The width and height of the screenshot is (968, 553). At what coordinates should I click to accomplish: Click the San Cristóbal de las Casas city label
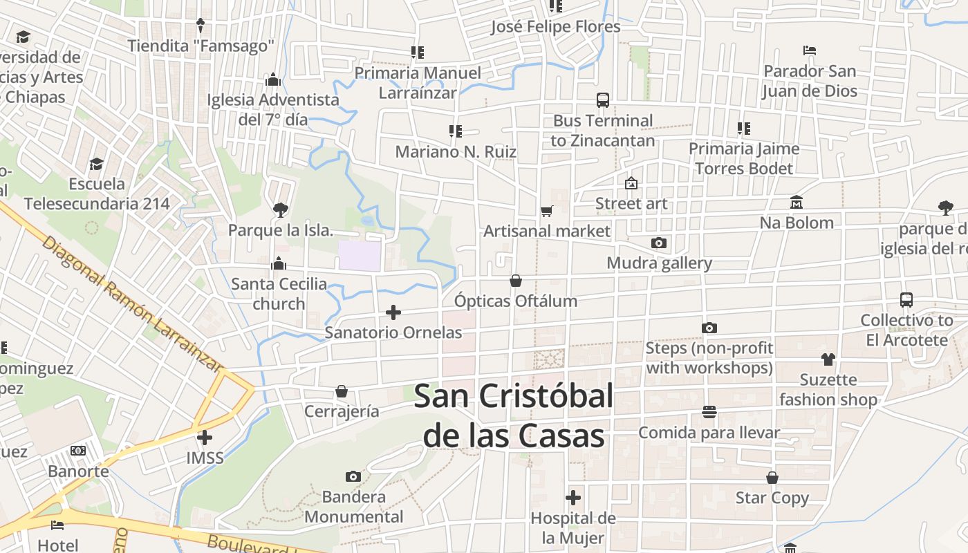pos(514,416)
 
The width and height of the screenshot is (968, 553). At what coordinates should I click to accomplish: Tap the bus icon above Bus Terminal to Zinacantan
pos(603,100)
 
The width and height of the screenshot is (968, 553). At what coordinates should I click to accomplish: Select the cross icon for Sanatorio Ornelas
pos(393,312)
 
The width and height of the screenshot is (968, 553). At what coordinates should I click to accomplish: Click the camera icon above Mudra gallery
pos(659,243)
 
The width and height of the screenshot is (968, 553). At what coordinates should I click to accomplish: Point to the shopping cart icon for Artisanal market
pos(547,211)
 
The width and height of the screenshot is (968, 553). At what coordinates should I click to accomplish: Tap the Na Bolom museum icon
pos(797,203)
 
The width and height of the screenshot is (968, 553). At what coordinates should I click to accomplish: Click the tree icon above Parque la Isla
pos(280,209)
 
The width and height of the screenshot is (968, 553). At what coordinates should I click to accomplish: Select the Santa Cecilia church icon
pos(279,263)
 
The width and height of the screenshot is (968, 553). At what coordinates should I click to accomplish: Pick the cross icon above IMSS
pos(205,438)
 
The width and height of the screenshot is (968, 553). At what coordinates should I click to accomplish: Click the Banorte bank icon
pos(78,451)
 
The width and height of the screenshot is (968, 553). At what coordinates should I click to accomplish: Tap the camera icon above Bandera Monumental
pos(353,476)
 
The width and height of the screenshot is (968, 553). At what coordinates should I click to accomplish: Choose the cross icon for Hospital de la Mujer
pos(573,498)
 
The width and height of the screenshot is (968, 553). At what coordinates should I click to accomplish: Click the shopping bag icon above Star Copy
pos(772,478)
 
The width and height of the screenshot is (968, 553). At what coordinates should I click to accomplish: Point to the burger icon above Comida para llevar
pos(709,412)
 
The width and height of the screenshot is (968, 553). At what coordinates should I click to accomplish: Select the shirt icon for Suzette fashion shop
pos(828,359)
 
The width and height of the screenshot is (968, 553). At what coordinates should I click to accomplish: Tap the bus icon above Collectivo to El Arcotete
pos(906,300)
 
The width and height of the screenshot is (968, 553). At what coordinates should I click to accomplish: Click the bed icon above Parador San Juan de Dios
pos(810,50)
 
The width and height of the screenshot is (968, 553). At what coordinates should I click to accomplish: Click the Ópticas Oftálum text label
pos(516,301)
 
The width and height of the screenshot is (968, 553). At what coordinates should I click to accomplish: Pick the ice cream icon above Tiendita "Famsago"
pos(201,26)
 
